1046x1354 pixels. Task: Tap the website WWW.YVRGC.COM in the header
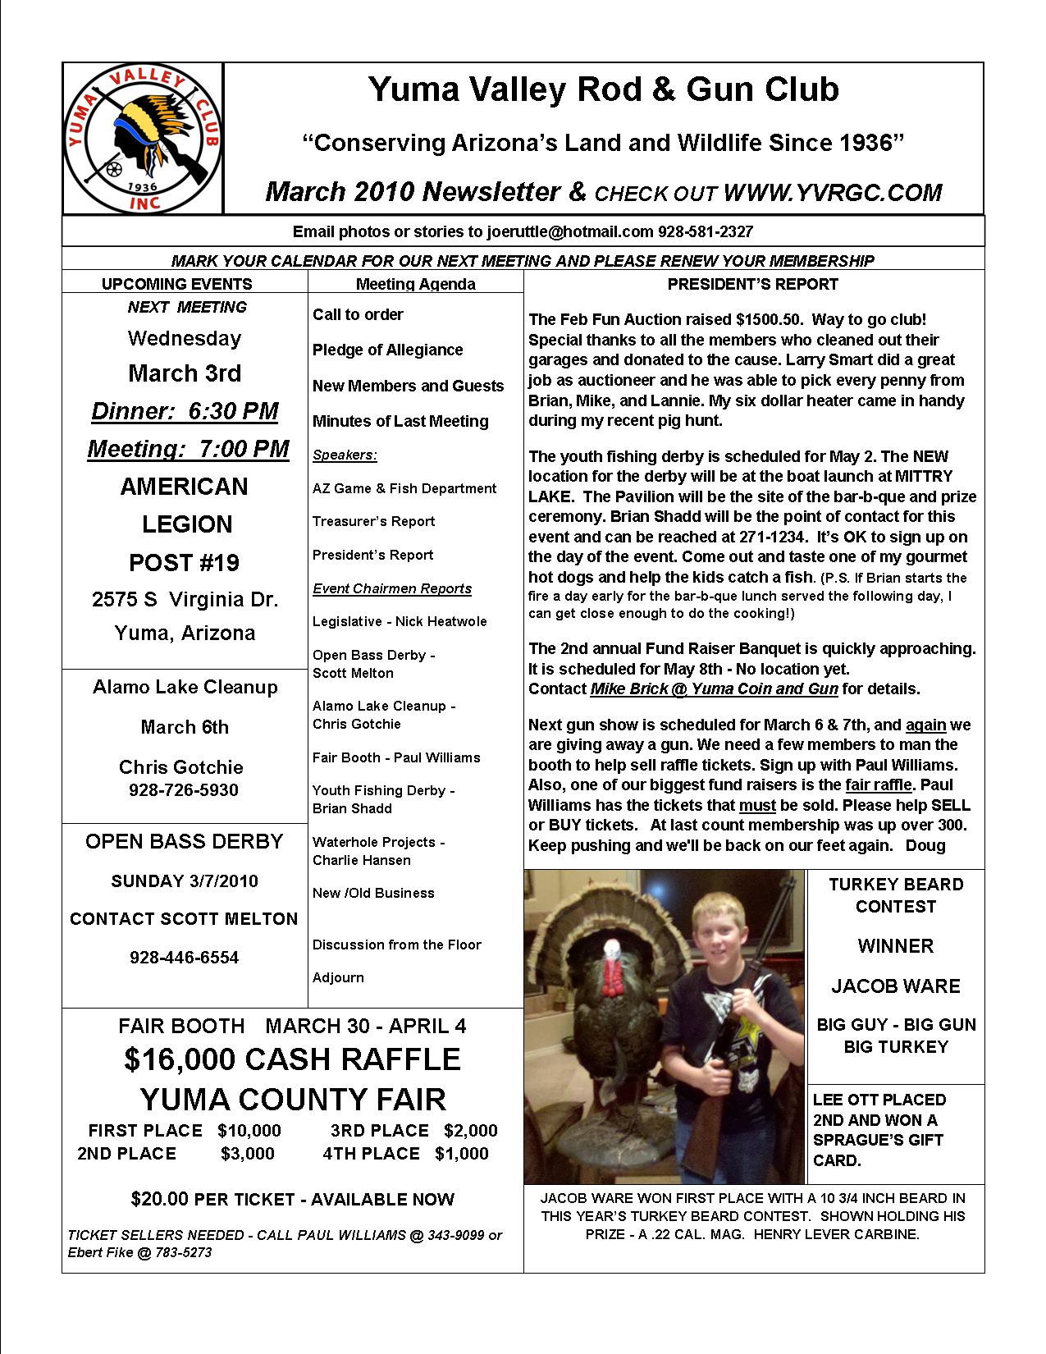pyautogui.click(x=833, y=193)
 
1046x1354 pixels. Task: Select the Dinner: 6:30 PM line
pyautogui.click(x=185, y=411)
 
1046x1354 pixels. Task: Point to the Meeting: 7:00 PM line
pyautogui.click(x=188, y=449)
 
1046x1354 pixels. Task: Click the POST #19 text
pyautogui.click(x=185, y=563)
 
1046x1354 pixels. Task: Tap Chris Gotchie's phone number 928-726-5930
pyautogui.click(x=184, y=790)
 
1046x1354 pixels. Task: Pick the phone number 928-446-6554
pyautogui.click(x=184, y=958)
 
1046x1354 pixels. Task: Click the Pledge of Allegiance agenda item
pyautogui.click(x=387, y=350)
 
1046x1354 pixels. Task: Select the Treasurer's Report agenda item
pyautogui.click(x=373, y=522)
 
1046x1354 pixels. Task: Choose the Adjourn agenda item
pyautogui.click(x=338, y=978)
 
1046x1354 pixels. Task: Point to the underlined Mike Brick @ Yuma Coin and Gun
pyautogui.click(x=714, y=689)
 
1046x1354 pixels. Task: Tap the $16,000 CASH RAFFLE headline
pyautogui.click(x=292, y=1059)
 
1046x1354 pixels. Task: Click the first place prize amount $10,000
pyautogui.click(x=249, y=1131)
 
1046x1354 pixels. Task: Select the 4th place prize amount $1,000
pyautogui.click(x=462, y=1154)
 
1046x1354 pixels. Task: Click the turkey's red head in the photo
pyautogui.click(x=611, y=968)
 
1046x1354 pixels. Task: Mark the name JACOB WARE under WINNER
pyautogui.click(x=896, y=986)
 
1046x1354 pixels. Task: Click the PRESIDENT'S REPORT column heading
pyautogui.click(x=752, y=285)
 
